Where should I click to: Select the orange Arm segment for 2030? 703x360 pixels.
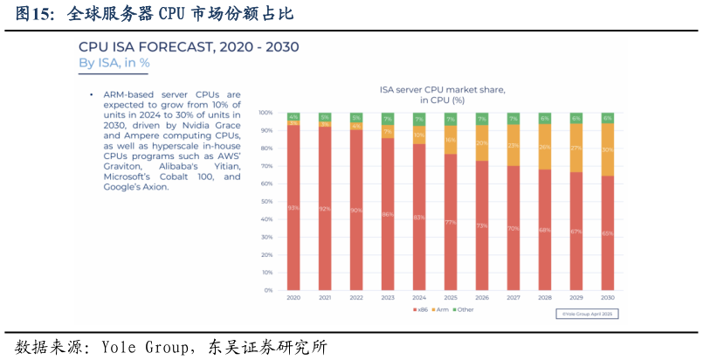[x=607, y=149]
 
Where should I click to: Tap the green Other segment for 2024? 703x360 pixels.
[x=419, y=119]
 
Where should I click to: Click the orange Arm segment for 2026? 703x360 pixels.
[x=482, y=142]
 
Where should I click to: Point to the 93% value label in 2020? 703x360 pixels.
[x=293, y=207]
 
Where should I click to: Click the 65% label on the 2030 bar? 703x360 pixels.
[x=607, y=233]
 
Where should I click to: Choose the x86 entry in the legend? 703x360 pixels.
[x=420, y=309]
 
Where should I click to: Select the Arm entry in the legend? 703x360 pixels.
[x=440, y=309]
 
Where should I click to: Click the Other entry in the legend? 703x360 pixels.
[x=464, y=309]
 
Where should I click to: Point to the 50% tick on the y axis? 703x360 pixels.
[x=266, y=202]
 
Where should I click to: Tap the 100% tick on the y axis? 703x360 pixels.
[x=265, y=114]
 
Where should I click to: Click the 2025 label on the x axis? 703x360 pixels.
[x=451, y=298]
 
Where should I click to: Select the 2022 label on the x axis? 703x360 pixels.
[x=356, y=298]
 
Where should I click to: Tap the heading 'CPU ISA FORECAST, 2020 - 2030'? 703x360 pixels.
[x=189, y=47]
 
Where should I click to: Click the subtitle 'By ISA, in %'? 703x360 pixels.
[x=114, y=63]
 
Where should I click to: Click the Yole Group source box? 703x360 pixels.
[x=587, y=313]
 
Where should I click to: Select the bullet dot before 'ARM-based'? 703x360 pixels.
[x=92, y=94]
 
